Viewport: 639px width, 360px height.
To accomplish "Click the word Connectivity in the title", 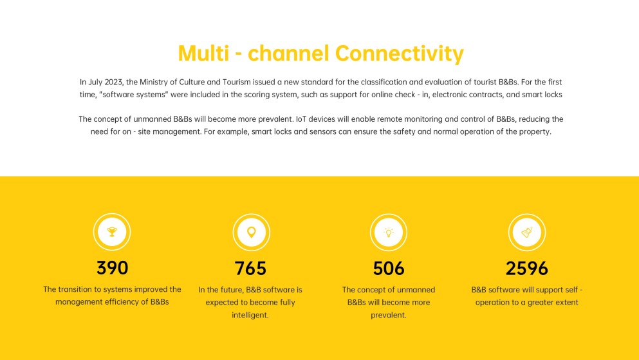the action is pos(400,54).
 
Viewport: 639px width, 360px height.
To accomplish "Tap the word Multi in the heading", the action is pos(203,53).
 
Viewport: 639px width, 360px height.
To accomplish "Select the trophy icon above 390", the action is pos(112,232).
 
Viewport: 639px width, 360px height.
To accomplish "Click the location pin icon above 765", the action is pos(252,232).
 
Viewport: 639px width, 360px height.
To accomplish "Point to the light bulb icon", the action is pos(389,232).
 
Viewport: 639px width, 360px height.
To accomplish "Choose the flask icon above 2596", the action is pos(527,232).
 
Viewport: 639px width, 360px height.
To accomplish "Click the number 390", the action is pos(112,268).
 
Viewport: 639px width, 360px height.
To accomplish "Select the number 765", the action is pos(250,269).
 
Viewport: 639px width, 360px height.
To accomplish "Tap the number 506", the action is pos(389,269).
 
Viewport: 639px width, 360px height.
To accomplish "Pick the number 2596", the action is pos(527,269).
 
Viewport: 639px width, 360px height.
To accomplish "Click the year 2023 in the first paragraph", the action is pos(113,82).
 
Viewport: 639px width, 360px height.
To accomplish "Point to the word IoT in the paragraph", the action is pos(302,119).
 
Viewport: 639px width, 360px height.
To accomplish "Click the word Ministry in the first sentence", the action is pos(153,82).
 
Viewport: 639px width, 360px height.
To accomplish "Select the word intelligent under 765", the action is pos(250,315).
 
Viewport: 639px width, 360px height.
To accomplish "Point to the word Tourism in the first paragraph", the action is pos(236,82).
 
